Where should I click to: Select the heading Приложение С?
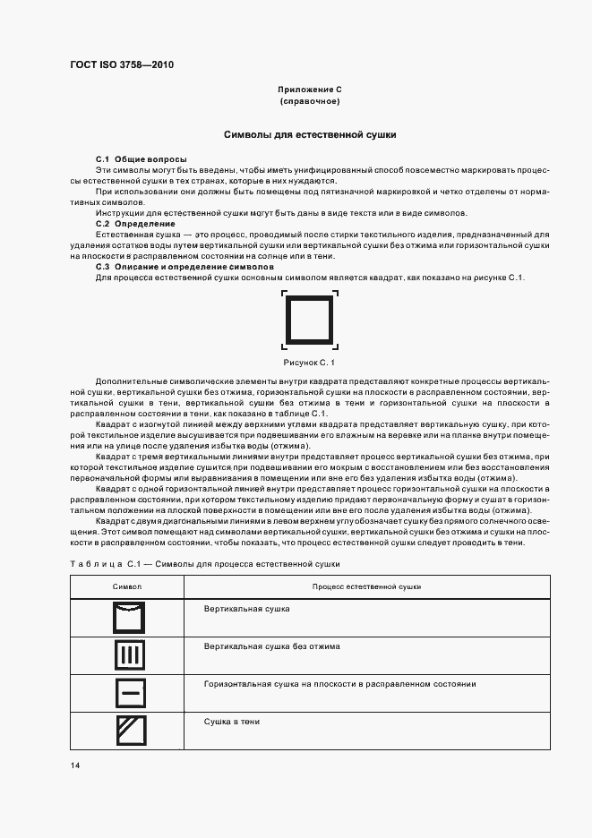[310, 90]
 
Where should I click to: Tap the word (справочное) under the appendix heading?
[310, 102]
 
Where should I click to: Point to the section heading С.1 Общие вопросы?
[135, 158]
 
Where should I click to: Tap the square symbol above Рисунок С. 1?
[310, 320]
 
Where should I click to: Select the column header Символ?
[126, 586]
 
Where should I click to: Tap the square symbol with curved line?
[129, 618]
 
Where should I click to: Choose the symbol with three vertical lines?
[129, 655]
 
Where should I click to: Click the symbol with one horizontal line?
[129, 693]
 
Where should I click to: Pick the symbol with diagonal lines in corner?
[129, 731]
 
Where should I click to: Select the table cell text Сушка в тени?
[232, 722]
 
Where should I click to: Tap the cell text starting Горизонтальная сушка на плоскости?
[339, 684]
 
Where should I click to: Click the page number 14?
[75, 766]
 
